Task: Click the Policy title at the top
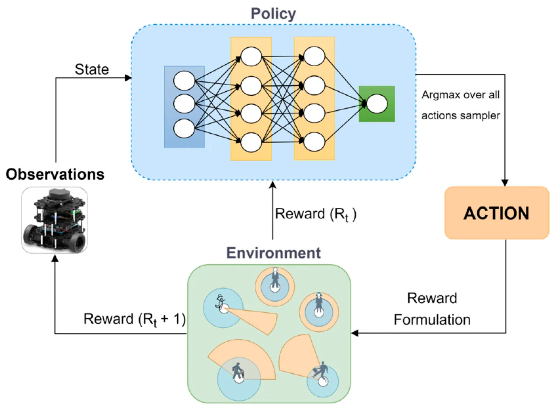click(x=273, y=14)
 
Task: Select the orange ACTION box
click(x=496, y=213)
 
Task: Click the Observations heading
click(x=55, y=174)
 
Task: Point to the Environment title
click(x=273, y=253)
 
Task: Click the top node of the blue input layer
click(x=184, y=81)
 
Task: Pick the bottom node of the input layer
click(x=184, y=128)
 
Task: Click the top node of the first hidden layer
click(x=251, y=56)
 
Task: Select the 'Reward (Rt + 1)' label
click(x=134, y=319)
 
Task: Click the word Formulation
click(x=432, y=319)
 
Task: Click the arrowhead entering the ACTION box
click(x=505, y=183)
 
